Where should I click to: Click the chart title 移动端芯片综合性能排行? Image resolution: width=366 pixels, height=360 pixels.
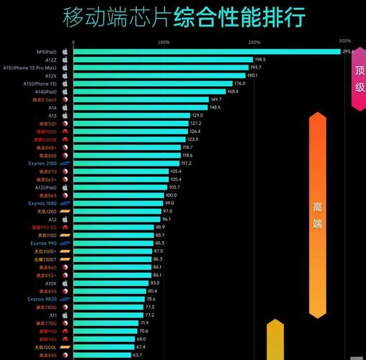(x=183, y=16)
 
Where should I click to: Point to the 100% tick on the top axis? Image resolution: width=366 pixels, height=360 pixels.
(x=164, y=42)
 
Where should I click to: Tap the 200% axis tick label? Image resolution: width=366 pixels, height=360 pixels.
(x=254, y=42)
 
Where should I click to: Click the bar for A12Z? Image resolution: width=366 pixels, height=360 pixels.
(x=163, y=59)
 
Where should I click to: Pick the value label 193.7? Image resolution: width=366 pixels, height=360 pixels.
(x=256, y=67)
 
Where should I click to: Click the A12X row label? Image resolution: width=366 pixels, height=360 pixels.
(x=50, y=75)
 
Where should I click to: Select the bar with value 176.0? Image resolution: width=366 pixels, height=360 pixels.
(x=153, y=83)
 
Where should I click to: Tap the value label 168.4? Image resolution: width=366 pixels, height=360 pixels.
(x=233, y=91)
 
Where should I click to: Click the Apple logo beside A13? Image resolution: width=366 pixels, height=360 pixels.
(x=64, y=115)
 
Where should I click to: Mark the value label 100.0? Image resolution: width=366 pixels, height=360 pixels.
(x=171, y=195)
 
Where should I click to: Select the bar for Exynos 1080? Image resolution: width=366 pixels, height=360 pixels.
(x=117, y=203)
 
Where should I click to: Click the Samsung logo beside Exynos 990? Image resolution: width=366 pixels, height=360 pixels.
(x=64, y=243)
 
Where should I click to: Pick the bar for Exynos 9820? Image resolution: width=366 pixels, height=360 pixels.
(x=109, y=299)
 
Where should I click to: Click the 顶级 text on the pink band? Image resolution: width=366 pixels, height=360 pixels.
(x=360, y=78)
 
